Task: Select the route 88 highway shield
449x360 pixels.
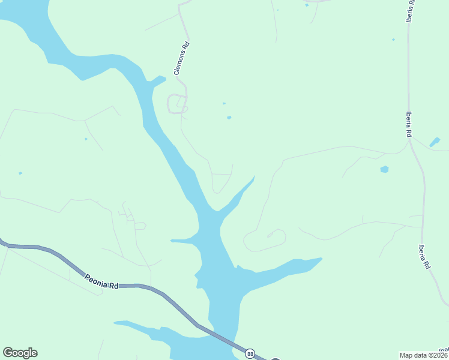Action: click(250, 353)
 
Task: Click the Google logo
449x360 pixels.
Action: click(20, 353)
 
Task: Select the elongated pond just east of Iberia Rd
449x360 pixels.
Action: click(435, 142)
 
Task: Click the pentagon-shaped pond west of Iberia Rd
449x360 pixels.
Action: click(384, 169)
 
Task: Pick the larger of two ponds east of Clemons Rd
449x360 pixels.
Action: click(229, 118)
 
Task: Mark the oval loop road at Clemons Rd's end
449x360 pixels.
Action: click(176, 104)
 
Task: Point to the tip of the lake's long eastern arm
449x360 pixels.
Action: click(321, 259)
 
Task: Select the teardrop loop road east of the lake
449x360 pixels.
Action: click(264, 240)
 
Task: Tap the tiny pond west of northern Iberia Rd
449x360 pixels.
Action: click(393, 40)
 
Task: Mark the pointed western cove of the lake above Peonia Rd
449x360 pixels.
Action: click(172, 241)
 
